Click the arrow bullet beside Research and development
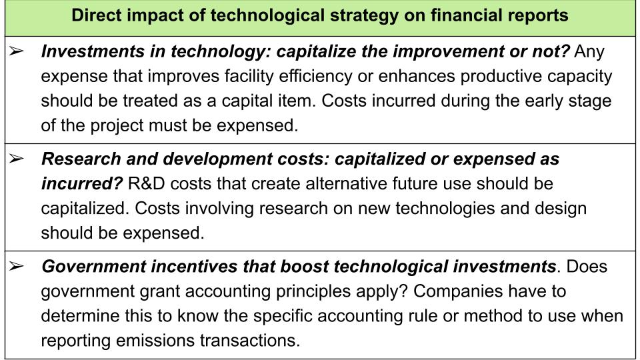click(x=16, y=158)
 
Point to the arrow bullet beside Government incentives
click(x=16, y=266)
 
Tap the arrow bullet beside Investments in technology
click(x=16, y=51)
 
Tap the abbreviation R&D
click(x=146, y=184)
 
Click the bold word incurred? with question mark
click(x=81, y=184)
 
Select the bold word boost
click(x=305, y=267)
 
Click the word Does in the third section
click(x=587, y=267)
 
